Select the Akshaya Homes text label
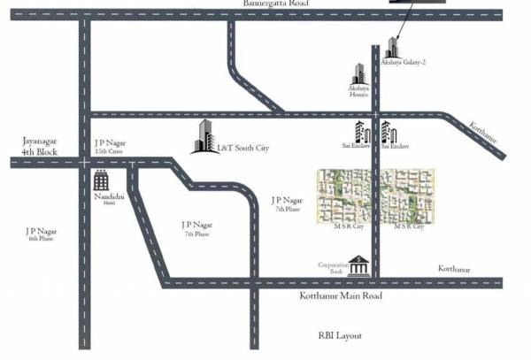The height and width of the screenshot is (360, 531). [x=358, y=92]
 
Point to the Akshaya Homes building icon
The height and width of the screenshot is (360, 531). [x=359, y=74]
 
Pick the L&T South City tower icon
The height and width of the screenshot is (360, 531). [x=204, y=136]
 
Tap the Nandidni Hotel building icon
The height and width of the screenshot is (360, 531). [x=102, y=181]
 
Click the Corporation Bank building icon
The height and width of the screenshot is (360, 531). [x=358, y=265]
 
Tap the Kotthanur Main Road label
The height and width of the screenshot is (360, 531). [x=340, y=295]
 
